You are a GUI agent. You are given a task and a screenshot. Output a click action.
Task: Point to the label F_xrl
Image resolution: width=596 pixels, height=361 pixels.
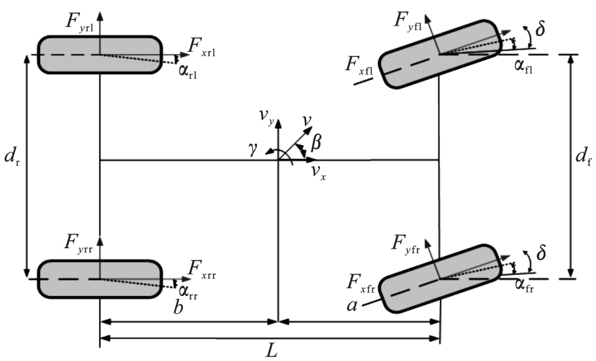tap(202, 46)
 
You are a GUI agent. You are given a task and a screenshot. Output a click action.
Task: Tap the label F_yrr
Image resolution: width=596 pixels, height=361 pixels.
tap(81, 242)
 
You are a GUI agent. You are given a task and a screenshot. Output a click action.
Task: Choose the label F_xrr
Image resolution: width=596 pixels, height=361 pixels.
tap(202, 268)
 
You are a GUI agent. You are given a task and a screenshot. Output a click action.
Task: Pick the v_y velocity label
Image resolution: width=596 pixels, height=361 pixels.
tap(265, 117)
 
